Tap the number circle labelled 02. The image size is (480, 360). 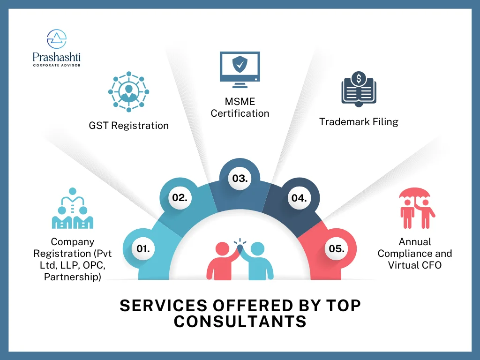click(180, 197)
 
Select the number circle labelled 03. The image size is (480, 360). click(240, 178)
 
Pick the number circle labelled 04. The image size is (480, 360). click(299, 198)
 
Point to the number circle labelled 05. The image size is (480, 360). click(337, 248)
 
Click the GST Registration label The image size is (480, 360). click(128, 125)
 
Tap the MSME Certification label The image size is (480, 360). click(240, 107)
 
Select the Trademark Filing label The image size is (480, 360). click(359, 122)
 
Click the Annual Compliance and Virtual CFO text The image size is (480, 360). click(415, 254)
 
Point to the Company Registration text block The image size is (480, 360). click(73, 259)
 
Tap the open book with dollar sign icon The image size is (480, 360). click(359, 88)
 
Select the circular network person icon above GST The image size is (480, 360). click(128, 92)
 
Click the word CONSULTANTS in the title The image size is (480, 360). click(240, 322)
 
